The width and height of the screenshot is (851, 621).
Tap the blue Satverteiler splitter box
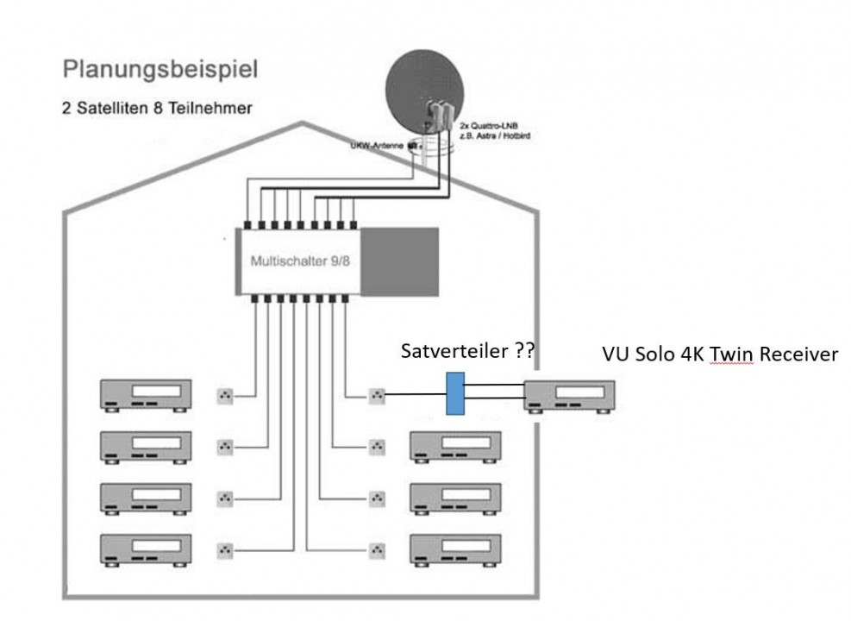click(455, 394)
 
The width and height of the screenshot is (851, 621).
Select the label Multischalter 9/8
click(300, 260)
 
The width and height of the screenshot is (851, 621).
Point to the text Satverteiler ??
click(466, 351)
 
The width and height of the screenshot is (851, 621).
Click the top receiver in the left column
click(147, 395)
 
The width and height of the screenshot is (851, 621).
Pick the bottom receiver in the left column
click(147, 548)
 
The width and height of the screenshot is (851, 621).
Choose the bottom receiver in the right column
click(455, 548)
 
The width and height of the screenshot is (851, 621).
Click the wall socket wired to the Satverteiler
click(377, 396)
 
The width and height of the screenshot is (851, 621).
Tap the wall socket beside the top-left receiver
click(225, 396)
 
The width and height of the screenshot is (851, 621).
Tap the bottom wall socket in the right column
click(377, 548)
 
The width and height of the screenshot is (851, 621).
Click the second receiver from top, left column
click(147, 446)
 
